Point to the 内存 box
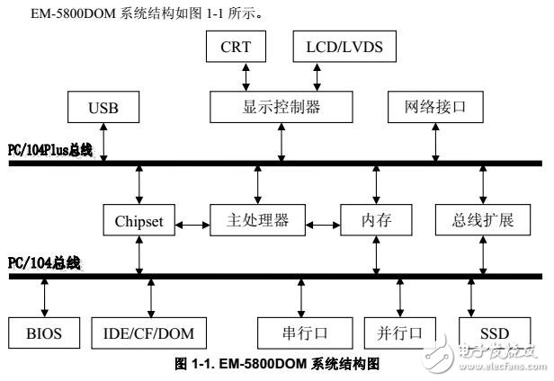(x=375, y=220)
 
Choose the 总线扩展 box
(x=485, y=220)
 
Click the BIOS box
(x=43, y=333)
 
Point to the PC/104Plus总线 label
(x=49, y=149)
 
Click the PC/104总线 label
(x=43, y=262)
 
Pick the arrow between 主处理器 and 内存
(x=323, y=220)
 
